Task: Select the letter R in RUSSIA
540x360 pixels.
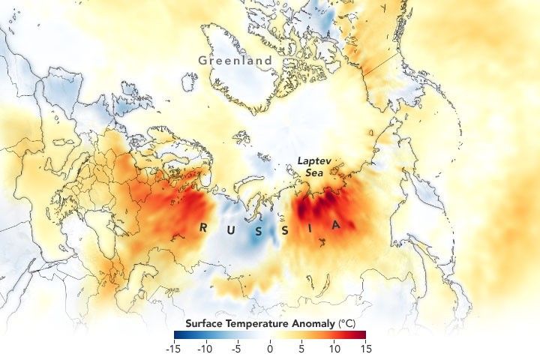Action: click(203, 226)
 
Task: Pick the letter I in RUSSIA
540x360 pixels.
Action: click(313, 226)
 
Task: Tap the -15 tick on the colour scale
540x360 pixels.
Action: click(173, 349)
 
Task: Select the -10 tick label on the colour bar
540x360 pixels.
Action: click(205, 349)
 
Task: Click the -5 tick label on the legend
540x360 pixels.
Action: click(237, 349)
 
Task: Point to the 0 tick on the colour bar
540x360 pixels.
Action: click(270, 349)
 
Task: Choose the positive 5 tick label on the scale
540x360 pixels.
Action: click(302, 349)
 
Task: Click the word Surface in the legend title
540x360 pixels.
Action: click(199, 323)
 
